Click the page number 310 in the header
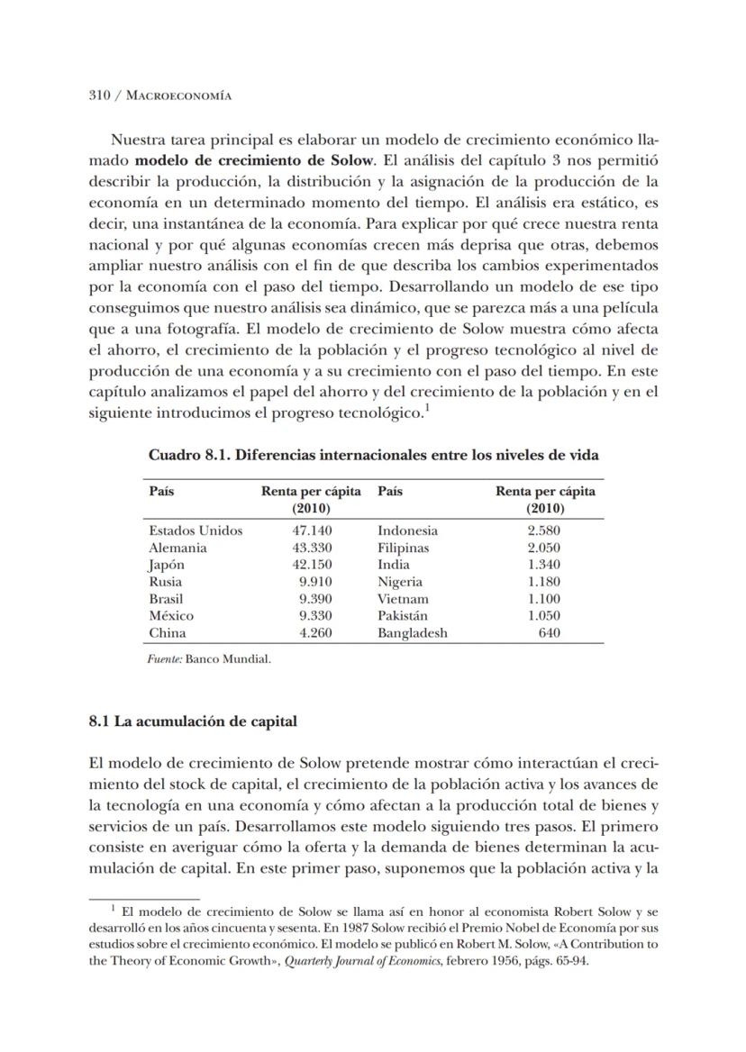point(99,95)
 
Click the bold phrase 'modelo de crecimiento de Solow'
point(239,160)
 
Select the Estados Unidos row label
point(196,531)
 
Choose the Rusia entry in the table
point(166,582)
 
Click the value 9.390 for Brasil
point(315,599)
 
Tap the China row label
point(168,633)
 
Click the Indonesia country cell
point(407,531)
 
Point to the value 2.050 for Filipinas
point(544,548)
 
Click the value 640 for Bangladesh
point(549,633)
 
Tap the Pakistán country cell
point(404,616)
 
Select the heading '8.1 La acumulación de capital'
point(193,721)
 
